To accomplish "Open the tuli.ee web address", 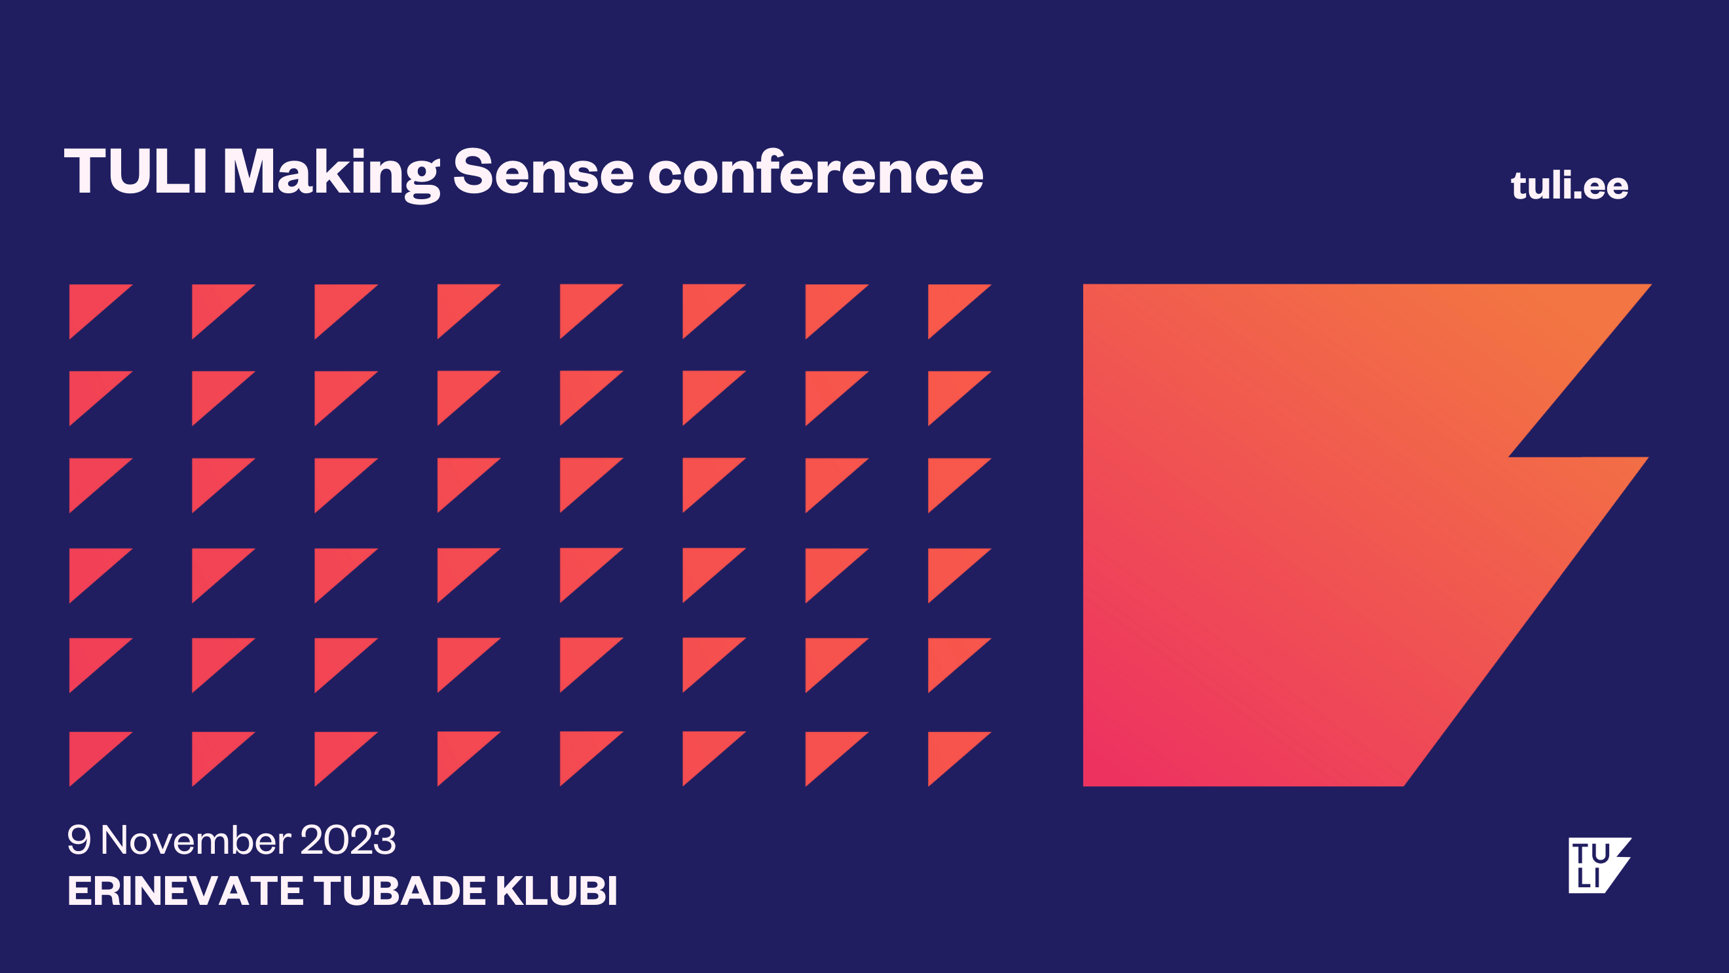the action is [x=1569, y=185].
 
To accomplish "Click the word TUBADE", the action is [x=400, y=890].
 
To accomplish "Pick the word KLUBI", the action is [x=557, y=890].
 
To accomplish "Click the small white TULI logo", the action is [x=1599, y=866].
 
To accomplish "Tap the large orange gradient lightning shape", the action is [x=1309, y=537].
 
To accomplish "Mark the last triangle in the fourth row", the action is [x=950, y=567].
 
